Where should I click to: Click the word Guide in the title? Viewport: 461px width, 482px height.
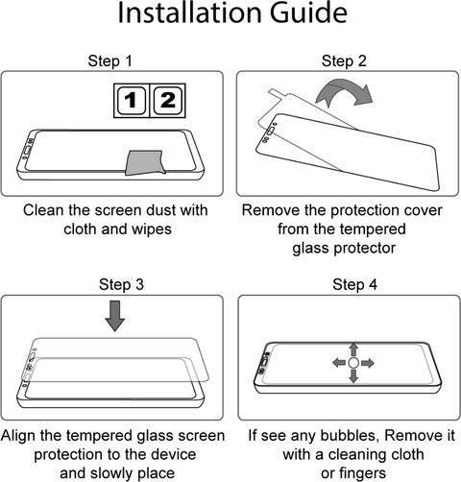coord(308,12)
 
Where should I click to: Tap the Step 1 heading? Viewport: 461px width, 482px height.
coord(110,60)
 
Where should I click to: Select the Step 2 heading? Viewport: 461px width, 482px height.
coord(344,60)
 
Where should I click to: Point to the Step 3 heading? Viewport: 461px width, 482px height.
coord(121,284)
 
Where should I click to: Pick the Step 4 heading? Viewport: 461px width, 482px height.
coord(354,284)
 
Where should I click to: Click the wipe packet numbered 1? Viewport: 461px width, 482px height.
coord(132,101)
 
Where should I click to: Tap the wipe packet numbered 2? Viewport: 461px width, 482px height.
coord(168,101)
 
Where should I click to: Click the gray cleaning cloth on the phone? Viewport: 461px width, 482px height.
coord(145,162)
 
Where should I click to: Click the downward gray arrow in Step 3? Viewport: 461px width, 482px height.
coord(115,316)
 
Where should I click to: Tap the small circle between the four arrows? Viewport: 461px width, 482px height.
coord(353,363)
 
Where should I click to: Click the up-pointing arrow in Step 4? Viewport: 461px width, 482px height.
coord(353,349)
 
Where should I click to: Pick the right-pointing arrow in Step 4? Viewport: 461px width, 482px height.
coord(368,363)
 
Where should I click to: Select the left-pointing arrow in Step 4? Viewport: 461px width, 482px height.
coord(339,363)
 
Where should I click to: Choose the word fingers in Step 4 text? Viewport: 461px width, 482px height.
coord(362,473)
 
